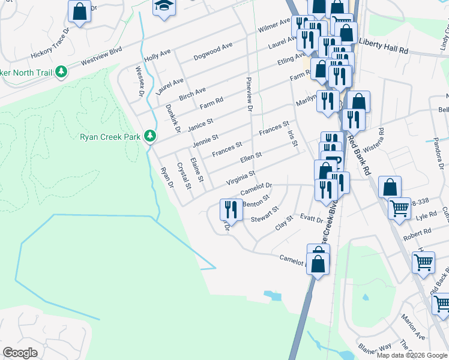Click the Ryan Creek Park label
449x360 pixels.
pyautogui.click(x=110, y=137)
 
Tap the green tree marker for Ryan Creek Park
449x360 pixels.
pyautogui.click(x=150, y=137)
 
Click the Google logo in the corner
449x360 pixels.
pyautogui.click(x=20, y=353)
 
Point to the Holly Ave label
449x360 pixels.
pyautogui.click(x=158, y=56)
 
